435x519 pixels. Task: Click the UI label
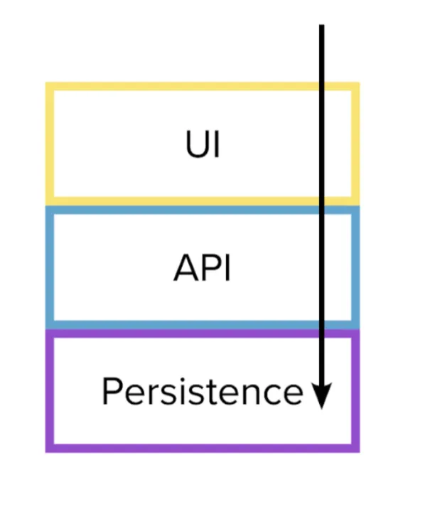[203, 144]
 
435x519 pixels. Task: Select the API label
[202, 268]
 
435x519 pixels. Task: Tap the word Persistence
[203, 391]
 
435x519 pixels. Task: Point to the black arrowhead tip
[321, 409]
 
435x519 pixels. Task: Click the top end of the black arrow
[321, 25]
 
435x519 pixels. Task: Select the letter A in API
[186, 268]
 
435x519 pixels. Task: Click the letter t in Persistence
[226, 392]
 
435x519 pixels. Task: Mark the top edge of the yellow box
[203, 86]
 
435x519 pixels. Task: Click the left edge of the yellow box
[49, 144]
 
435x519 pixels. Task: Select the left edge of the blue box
[49, 267]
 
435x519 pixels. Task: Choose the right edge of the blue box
[356, 267]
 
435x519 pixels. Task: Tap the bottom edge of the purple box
[203, 449]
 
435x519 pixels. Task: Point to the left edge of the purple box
[49, 391]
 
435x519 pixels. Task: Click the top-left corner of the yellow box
[45, 82]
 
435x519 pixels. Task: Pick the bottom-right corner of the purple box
[360, 452]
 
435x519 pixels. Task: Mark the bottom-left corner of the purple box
[45, 452]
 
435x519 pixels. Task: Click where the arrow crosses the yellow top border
[321, 86]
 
